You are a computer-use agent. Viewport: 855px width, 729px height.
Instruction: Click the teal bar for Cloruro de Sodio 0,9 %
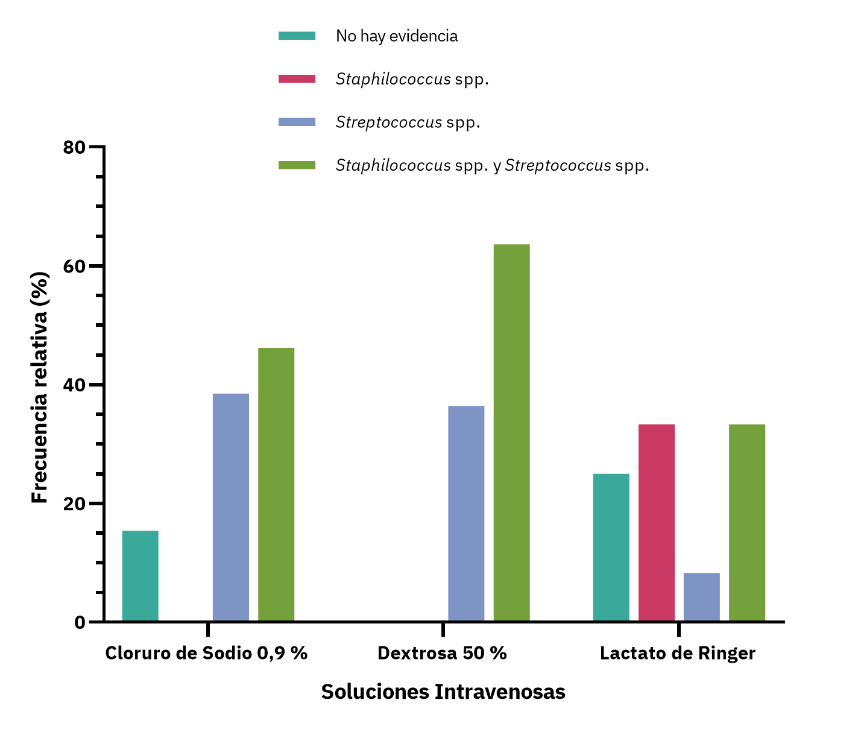tap(140, 576)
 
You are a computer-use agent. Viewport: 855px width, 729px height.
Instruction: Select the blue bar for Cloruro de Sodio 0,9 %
tap(231, 507)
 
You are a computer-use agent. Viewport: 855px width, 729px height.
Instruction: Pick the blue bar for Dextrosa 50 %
tap(466, 513)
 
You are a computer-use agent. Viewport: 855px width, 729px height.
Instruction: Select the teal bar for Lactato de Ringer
tap(611, 547)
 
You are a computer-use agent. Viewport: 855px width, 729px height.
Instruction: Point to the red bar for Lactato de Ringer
tap(657, 522)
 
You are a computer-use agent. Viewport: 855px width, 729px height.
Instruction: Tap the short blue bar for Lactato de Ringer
tap(701, 596)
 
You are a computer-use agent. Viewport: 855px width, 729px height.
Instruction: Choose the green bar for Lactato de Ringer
tap(747, 522)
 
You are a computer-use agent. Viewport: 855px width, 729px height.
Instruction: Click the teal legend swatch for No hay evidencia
tap(297, 36)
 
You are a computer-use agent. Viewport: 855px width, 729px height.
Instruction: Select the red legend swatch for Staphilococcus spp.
tap(297, 79)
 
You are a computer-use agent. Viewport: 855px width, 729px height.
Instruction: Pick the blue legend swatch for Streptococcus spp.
tap(297, 122)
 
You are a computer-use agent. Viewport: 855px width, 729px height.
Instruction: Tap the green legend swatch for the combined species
tap(297, 165)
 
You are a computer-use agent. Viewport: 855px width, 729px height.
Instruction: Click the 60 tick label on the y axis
tap(75, 266)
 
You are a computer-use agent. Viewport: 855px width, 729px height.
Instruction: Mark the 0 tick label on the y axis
tap(80, 622)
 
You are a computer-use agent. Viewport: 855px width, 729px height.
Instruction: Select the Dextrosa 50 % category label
tap(442, 653)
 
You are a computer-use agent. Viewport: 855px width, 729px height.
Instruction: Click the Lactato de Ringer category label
tap(678, 653)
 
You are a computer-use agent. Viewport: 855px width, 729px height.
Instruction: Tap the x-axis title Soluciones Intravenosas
tap(443, 692)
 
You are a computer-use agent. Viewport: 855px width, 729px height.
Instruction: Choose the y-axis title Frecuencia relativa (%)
tap(40, 387)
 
